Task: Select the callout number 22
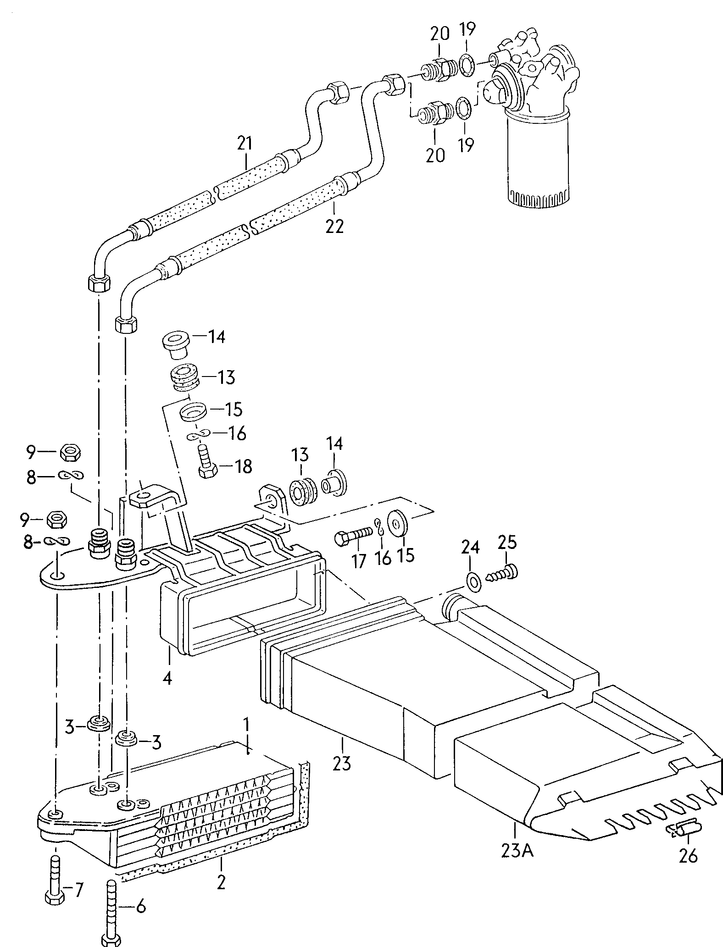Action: coord(334,226)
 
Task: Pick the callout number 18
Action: coord(243,466)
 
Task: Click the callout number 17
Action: coord(358,560)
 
